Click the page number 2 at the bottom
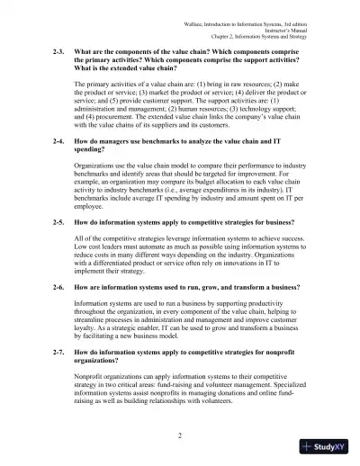tap(180, 435)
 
